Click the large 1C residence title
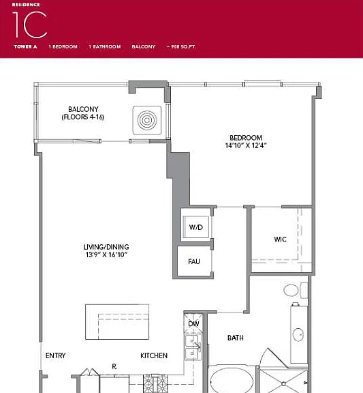pos(29,25)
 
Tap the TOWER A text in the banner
pos(25,46)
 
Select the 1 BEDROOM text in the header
pos(63,46)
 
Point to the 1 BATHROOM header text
pos(105,46)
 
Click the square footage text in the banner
pos(181,46)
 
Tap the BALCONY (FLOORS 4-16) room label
pos(83,113)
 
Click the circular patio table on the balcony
pos(147,120)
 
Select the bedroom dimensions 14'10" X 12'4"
pos(246,145)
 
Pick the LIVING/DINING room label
pos(106,247)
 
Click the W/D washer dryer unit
pos(196,227)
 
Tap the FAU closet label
pos(194,262)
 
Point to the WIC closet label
pos(280,239)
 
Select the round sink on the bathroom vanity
pos(298,334)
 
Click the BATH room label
pos(236,338)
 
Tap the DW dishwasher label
pos(193,324)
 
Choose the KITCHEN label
pos(154,355)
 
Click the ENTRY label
pos(56,355)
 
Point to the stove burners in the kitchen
pos(155,383)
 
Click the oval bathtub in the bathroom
pos(232,381)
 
